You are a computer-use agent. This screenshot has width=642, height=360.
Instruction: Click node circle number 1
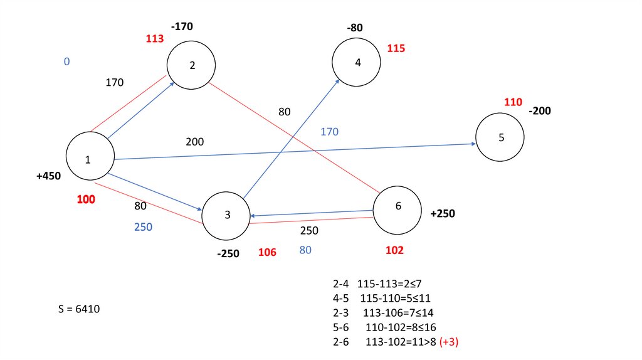pos(90,157)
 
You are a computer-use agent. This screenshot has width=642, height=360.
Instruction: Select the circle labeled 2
pos(191,65)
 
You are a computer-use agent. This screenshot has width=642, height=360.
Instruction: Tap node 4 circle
pos(357,62)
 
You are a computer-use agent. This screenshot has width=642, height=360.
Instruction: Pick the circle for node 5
pos(500,137)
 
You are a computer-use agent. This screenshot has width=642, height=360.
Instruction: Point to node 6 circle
pos(397,209)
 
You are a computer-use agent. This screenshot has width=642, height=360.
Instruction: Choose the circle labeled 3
pos(226,215)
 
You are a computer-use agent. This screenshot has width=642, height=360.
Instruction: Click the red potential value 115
pos(396,48)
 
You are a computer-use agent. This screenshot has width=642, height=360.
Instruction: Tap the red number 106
pos(267,252)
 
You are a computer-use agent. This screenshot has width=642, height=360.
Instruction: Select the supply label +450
pos(48,176)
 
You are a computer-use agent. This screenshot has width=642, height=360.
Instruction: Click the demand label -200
pos(540,111)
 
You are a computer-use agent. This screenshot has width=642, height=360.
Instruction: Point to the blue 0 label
pos(66,61)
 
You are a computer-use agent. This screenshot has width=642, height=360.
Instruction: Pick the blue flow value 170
pos(329,132)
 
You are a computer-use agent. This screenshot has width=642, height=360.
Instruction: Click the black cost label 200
pos(194,142)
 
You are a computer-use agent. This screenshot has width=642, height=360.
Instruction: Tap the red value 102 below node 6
pos(394,250)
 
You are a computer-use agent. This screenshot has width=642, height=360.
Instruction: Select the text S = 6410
pos(78,309)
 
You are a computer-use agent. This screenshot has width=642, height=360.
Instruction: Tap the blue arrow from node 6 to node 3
pos(313,213)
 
